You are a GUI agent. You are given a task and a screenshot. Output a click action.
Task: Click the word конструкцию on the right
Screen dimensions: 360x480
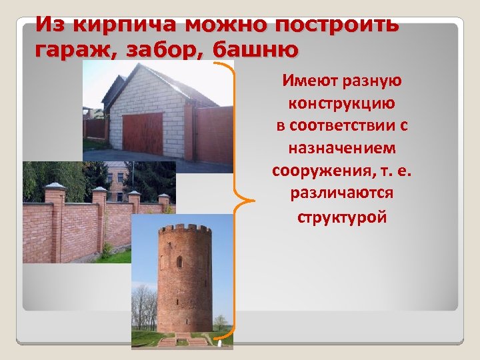coord(341,104)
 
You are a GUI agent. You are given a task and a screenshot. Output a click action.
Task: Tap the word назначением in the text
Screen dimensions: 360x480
coord(342,148)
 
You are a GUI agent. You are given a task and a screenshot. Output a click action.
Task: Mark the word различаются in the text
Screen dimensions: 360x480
coord(342,193)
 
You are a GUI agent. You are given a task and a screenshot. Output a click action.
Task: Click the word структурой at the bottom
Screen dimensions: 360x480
coord(342,217)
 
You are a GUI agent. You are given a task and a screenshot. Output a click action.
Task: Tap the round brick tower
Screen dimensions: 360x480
coord(185,280)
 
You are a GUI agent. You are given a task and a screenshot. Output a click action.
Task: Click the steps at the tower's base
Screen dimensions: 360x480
coord(185,340)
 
